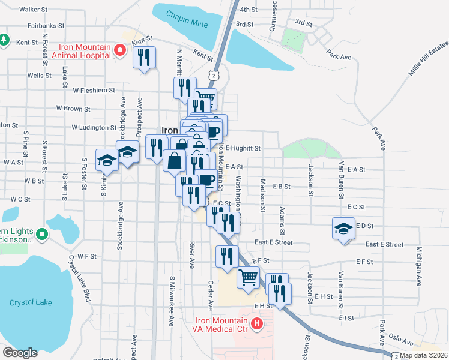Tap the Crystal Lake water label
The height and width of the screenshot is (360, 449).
[x=31, y=302]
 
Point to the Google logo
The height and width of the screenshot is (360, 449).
[x=20, y=352]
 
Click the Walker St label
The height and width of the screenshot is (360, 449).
[x=34, y=10]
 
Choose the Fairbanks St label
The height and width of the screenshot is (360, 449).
[x=45, y=26]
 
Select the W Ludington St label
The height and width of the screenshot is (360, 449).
[x=94, y=127]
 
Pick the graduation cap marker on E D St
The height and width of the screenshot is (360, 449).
[x=344, y=229]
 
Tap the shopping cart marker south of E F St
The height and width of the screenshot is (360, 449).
[x=248, y=278]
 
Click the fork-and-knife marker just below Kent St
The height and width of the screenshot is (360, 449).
[x=145, y=58]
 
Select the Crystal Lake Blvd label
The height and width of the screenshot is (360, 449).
[x=82, y=279]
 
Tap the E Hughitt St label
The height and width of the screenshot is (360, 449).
[x=243, y=148]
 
